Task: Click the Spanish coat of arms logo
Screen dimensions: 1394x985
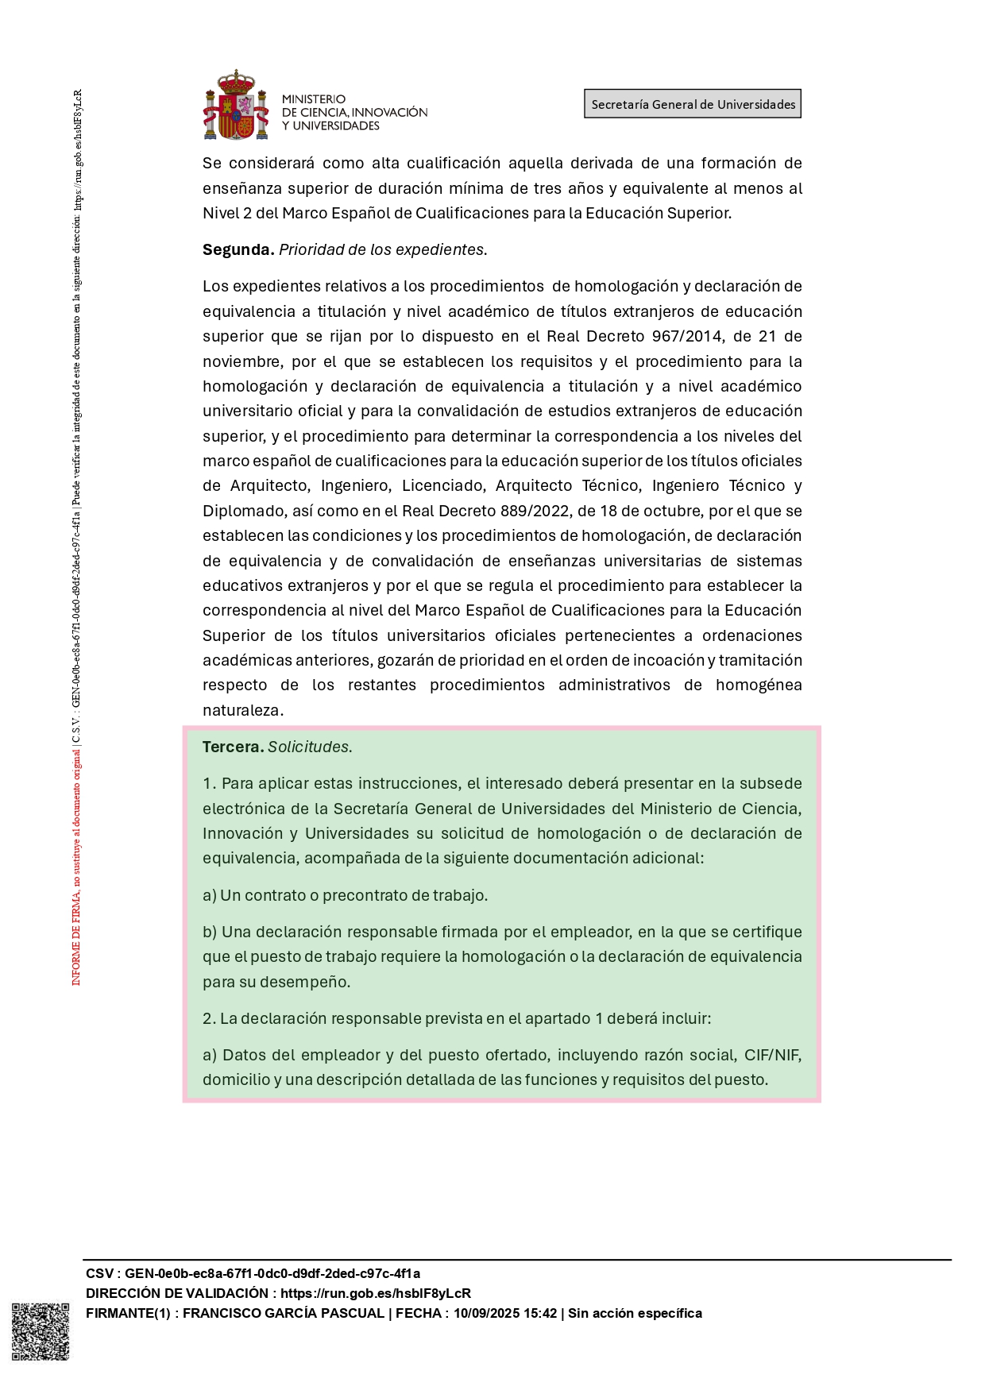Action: [236, 106]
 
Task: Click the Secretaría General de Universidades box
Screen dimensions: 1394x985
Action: [693, 104]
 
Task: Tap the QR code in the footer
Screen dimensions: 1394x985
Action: [40, 1331]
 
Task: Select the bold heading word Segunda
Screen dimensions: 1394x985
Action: [238, 249]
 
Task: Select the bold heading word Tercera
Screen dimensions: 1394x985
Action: [233, 747]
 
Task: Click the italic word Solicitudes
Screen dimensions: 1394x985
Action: [309, 747]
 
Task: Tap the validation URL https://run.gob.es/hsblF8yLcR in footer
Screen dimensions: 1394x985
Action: [376, 1293]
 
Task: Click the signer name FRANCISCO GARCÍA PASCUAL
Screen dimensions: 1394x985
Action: [284, 1313]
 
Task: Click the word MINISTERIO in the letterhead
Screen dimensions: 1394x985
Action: [314, 99]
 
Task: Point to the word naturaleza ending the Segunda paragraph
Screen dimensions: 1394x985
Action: [241, 710]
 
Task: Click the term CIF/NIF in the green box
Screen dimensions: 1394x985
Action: [772, 1055]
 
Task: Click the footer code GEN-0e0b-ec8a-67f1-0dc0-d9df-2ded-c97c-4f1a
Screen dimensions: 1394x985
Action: [272, 1273]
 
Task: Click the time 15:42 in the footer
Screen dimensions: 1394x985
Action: [540, 1313]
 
